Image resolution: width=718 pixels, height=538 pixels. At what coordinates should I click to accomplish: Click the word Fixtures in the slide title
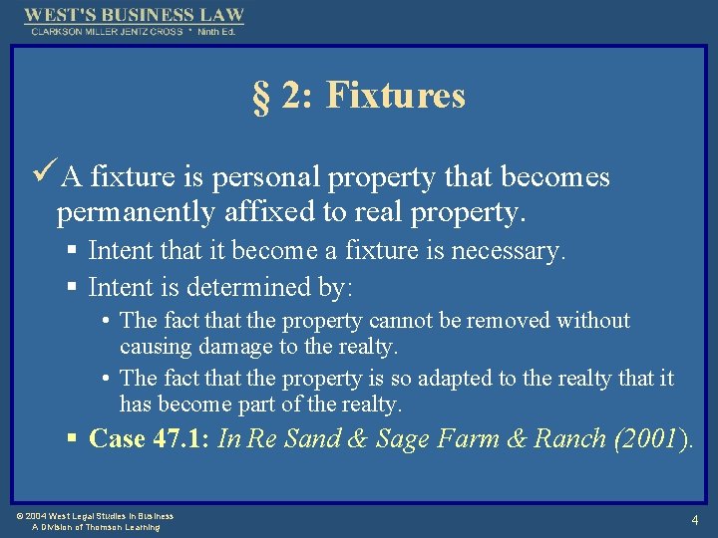(395, 96)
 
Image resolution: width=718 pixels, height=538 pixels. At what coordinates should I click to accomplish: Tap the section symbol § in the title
(260, 97)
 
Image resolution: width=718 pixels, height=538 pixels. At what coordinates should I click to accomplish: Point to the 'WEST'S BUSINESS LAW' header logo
(134, 16)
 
